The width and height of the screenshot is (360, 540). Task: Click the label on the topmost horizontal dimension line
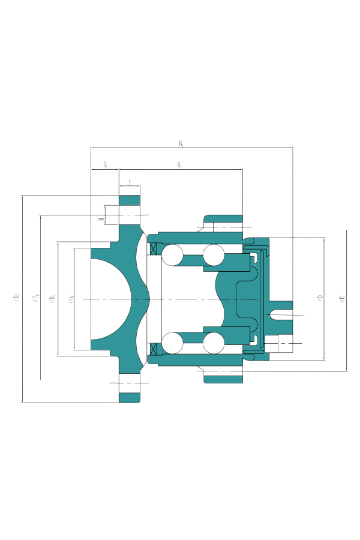(x=181, y=143)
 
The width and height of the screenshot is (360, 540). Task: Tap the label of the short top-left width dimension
(x=105, y=164)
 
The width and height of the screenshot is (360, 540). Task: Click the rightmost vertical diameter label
(x=343, y=298)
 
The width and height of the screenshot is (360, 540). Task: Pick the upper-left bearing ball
(x=171, y=255)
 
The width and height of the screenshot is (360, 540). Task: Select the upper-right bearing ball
(x=213, y=255)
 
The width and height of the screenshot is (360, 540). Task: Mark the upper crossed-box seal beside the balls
(x=152, y=248)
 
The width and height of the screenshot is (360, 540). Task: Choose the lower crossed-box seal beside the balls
(x=152, y=348)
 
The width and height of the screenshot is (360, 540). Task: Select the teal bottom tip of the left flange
(x=130, y=397)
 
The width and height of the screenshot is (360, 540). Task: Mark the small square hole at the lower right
(x=271, y=343)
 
